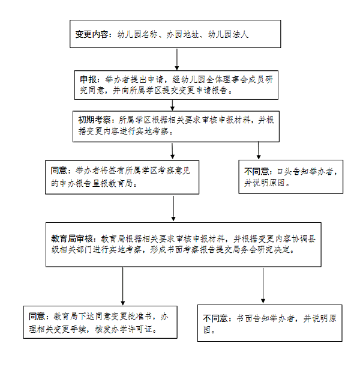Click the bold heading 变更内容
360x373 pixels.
click(x=92, y=34)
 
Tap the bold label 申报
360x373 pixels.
click(x=88, y=79)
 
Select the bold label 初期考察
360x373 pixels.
click(x=94, y=120)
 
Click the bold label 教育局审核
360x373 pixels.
click(x=71, y=238)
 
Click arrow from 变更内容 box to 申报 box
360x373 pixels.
click(x=177, y=59)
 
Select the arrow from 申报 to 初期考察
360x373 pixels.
click(x=173, y=105)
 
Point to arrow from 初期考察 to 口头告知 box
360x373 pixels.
click(x=259, y=151)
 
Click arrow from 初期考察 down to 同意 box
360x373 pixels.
click(x=173, y=151)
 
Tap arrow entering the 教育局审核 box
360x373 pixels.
click(x=173, y=208)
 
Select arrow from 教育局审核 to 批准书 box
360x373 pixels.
click(x=123, y=286)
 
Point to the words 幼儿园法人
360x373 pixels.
click(x=228, y=34)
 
